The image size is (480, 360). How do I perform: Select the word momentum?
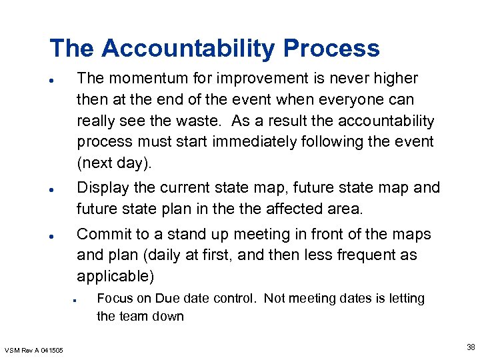(x=138, y=79)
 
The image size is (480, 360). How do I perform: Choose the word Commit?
(x=102, y=235)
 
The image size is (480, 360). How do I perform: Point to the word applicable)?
(x=115, y=276)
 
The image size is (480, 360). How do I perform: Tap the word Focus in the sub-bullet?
(x=115, y=298)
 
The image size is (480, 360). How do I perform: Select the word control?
(x=231, y=298)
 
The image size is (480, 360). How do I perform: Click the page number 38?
(x=471, y=347)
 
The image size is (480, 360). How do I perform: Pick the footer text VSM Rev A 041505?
(x=34, y=351)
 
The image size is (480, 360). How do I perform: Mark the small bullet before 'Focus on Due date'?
(x=77, y=299)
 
